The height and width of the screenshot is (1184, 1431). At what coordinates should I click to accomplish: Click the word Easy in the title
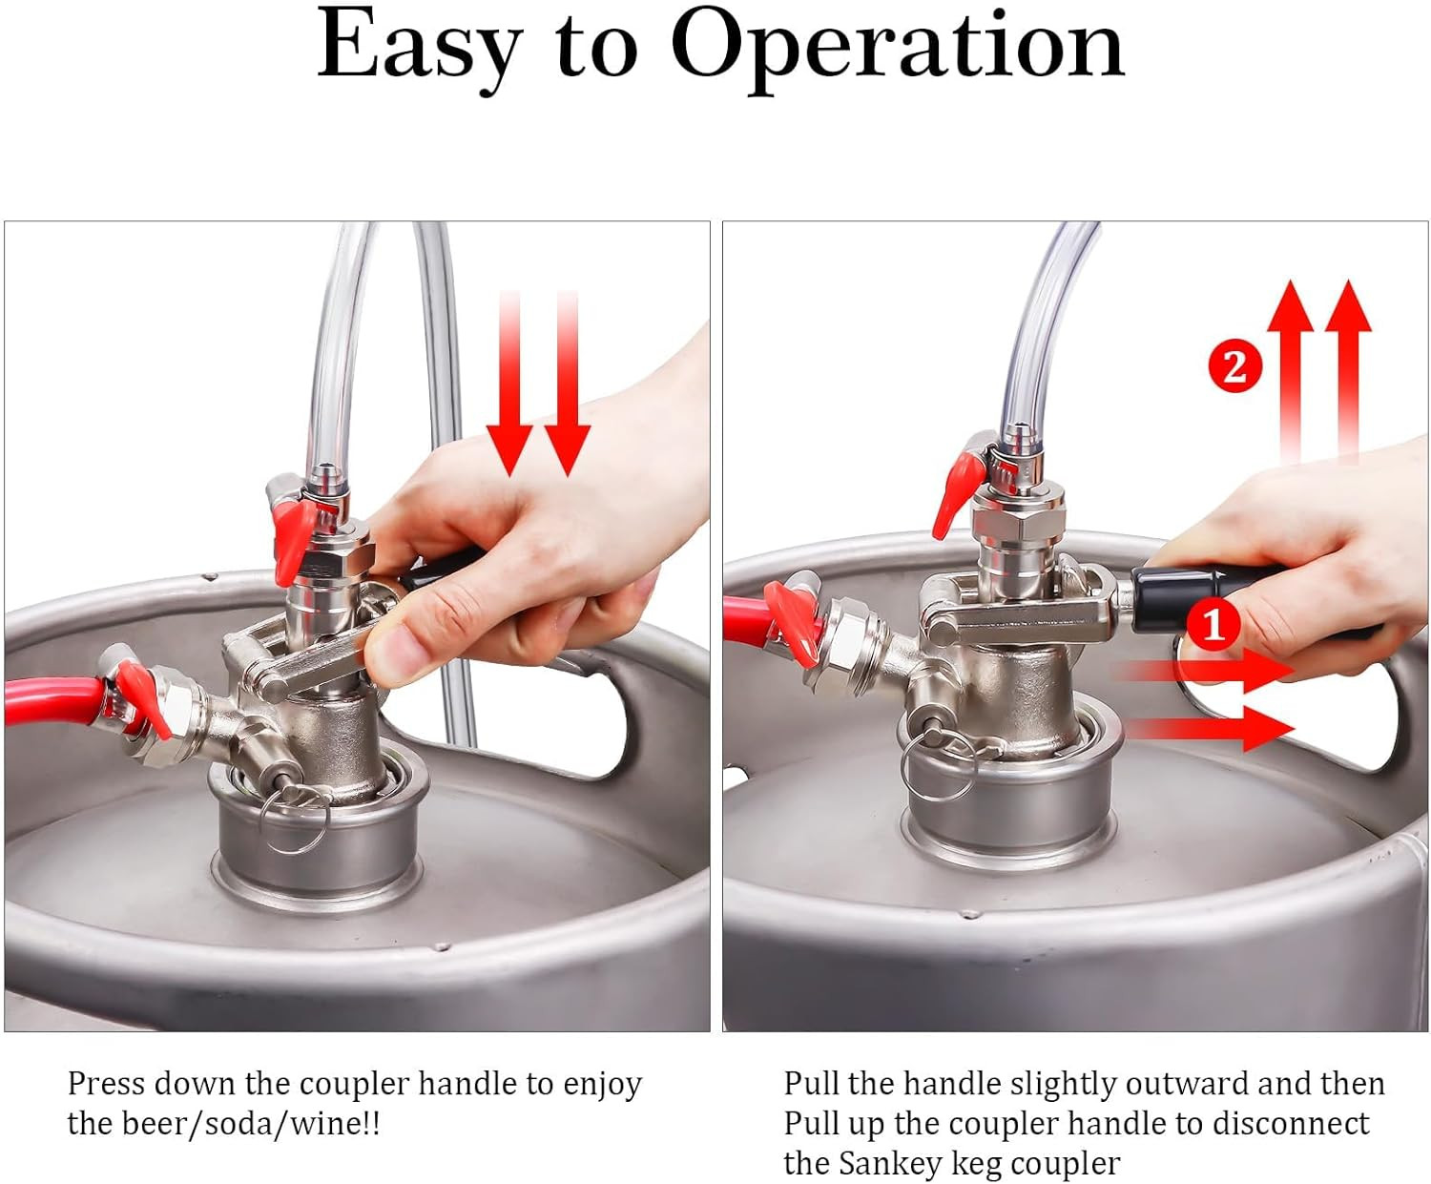click(x=420, y=46)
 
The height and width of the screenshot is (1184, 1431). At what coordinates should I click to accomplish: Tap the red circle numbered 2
click(x=1234, y=366)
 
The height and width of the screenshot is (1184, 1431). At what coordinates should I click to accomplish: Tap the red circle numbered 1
click(x=1213, y=625)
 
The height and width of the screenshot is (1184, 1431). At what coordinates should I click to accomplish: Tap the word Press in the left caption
click(x=105, y=1084)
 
